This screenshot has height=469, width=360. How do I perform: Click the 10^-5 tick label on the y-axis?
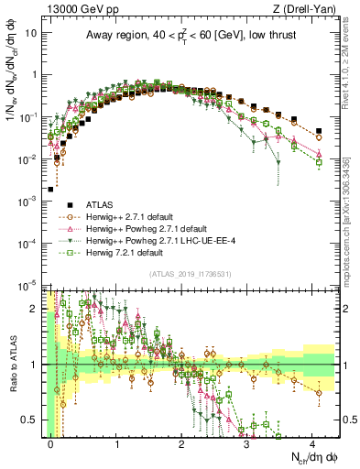click(x=27, y=284)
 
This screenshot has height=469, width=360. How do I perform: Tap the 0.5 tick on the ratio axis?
click(x=29, y=420)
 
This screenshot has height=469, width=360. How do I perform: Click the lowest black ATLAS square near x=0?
click(x=50, y=190)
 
